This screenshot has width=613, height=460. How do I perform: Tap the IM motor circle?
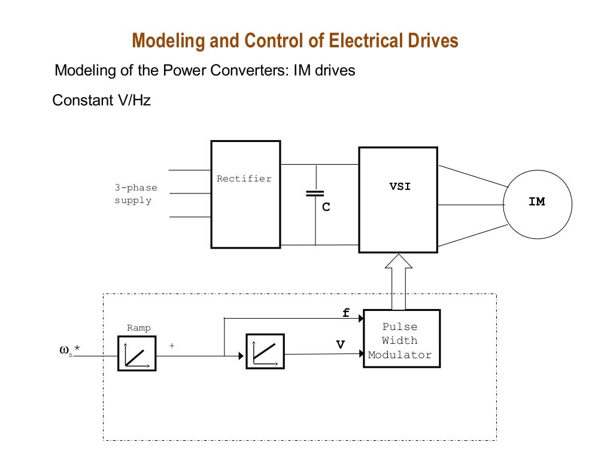click(537, 203)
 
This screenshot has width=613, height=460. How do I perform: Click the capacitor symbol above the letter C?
click(315, 193)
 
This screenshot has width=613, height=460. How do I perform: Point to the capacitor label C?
click(326, 207)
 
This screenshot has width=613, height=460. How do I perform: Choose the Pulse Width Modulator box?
click(402, 338)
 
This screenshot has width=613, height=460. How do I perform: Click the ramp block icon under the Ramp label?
click(137, 353)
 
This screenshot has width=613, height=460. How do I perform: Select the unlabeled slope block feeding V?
click(265, 351)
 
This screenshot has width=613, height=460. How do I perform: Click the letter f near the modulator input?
click(345, 313)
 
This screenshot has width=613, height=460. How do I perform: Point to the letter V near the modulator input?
click(341, 344)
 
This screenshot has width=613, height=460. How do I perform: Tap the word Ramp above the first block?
click(139, 328)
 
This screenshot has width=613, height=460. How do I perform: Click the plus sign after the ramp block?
click(172, 346)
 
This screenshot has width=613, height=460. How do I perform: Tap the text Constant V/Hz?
click(102, 100)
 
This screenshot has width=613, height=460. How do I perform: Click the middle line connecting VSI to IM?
click(471, 205)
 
